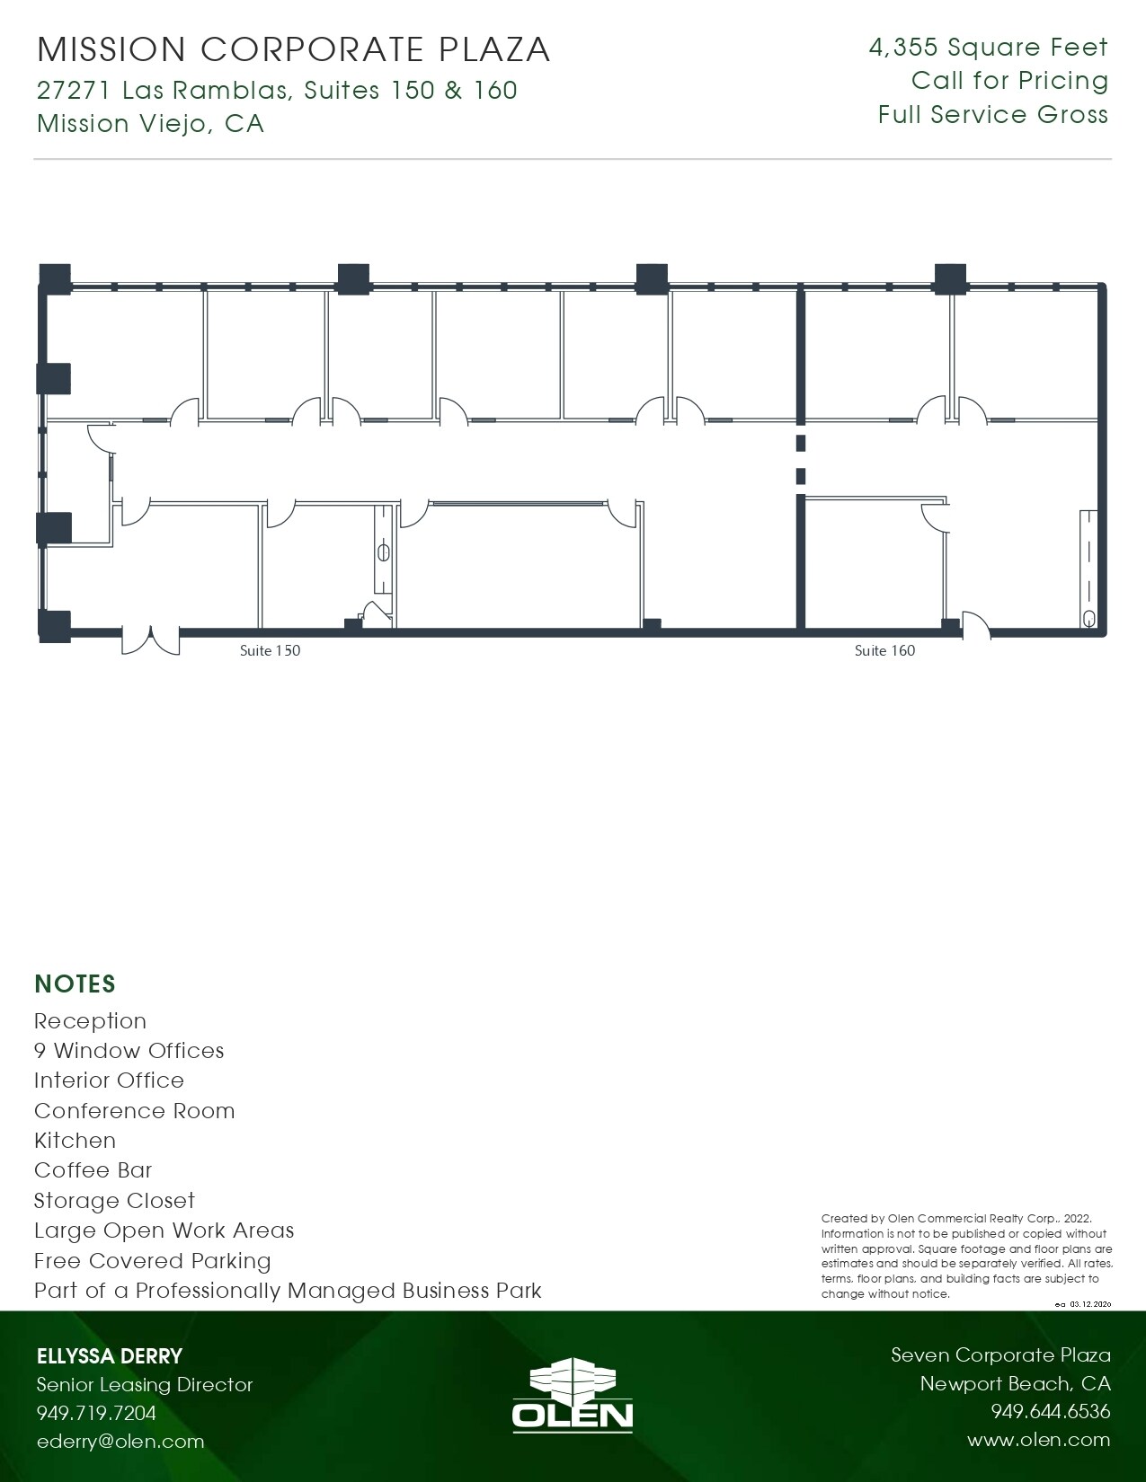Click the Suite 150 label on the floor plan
coord(270,650)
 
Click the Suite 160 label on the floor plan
coord(884,650)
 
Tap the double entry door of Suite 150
coord(151,639)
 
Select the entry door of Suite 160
coord(976,627)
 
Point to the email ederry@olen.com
coord(120,1441)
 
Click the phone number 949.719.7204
coord(96,1413)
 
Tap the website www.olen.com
coord(1038,1440)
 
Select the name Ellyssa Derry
coord(110,1356)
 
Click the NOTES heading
coord(75,984)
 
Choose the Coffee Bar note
coord(93,1170)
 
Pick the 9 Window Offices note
coord(129,1051)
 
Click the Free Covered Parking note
coord(153,1261)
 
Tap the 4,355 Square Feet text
coord(988,48)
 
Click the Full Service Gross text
coord(992,115)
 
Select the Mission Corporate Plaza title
coord(294,49)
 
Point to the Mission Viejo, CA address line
coord(150,123)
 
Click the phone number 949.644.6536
coord(1050,1412)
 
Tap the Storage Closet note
coord(114,1201)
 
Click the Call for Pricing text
coord(1009,81)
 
